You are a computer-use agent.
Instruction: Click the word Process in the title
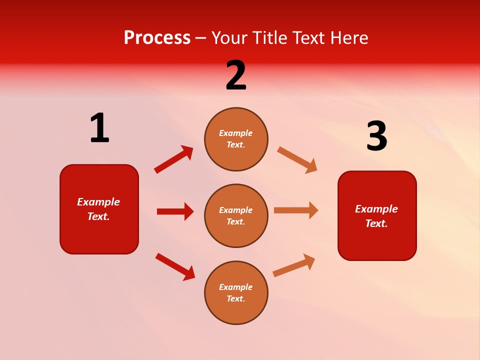click(157, 38)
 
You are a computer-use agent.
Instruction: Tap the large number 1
click(99, 128)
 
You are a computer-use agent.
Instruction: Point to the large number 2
click(236, 75)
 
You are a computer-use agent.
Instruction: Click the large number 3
click(376, 136)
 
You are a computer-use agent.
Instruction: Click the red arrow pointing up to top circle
click(174, 159)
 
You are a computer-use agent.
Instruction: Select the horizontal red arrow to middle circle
click(175, 211)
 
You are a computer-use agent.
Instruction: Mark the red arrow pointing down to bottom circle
click(175, 267)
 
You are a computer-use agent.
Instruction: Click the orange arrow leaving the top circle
click(297, 160)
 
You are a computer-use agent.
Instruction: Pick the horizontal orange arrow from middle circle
click(296, 210)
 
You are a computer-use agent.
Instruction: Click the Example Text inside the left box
click(98, 209)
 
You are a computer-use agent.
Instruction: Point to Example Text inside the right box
click(376, 216)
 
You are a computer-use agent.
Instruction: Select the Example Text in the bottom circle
click(236, 293)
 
